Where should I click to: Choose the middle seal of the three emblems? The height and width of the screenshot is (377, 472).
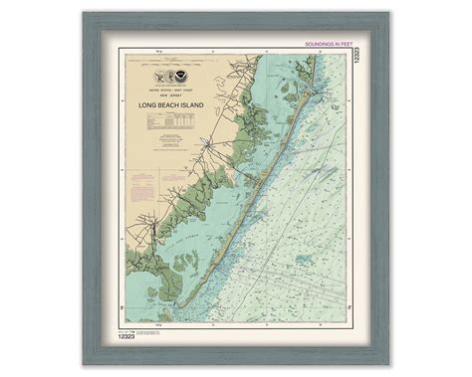point(170,75)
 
